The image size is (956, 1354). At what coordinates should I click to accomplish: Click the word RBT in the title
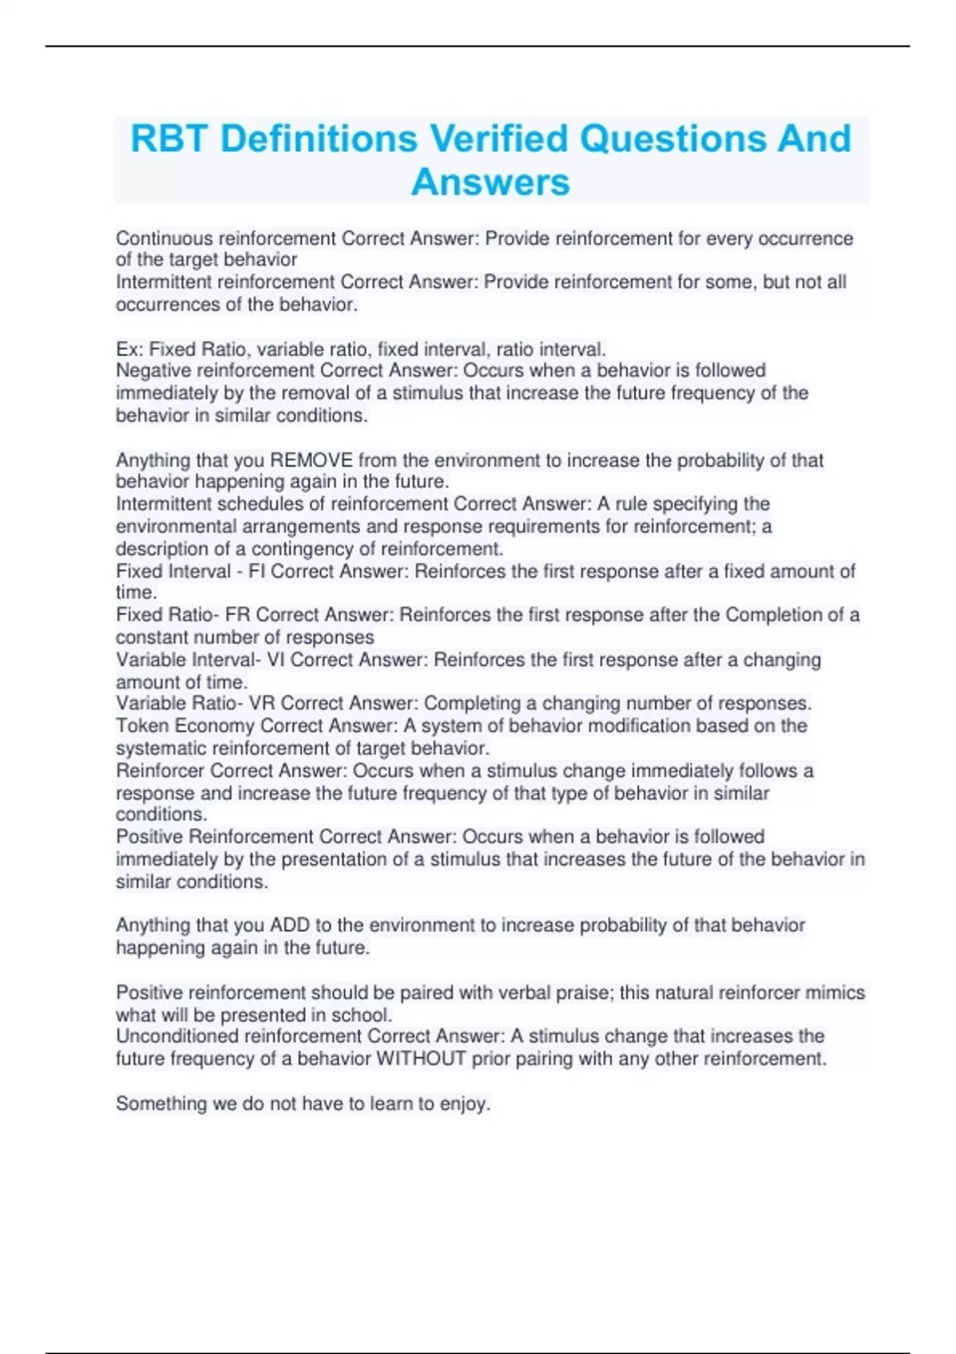169,139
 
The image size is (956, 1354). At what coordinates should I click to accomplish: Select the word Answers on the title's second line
491,182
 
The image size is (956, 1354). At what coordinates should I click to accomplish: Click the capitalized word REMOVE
311,460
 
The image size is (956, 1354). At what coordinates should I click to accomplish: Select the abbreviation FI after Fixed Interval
257,571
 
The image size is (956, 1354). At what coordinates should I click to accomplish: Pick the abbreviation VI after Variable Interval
275,659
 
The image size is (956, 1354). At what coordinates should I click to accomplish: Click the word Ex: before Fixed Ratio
130,349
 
